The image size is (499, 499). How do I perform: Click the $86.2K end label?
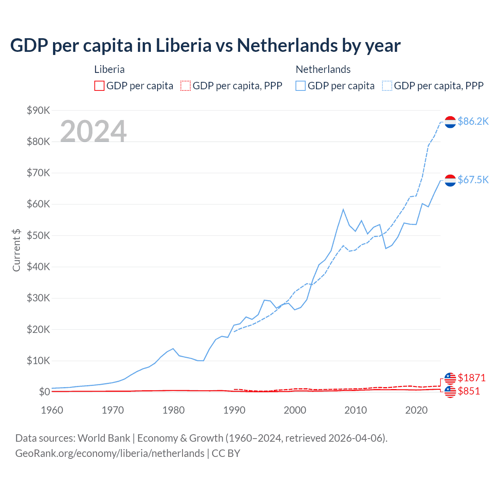(x=473, y=121)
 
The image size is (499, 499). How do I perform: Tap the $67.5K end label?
(x=473, y=180)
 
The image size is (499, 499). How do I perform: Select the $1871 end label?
(x=471, y=378)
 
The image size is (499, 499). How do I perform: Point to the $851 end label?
(x=469, y=391)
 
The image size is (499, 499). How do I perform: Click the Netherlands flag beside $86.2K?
(x=450, y=122)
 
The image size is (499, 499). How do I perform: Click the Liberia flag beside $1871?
(x=450, y=378)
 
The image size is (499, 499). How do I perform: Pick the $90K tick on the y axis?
(x=38, y=110)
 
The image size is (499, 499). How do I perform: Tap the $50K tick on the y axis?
(x=38, y=235)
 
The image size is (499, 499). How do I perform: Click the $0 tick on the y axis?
(x=44, y=392)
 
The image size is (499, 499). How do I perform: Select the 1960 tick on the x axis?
(x=52, y=410)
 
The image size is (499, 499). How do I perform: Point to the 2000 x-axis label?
(x=295, y=410)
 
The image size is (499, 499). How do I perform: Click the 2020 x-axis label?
(x=416, y=410)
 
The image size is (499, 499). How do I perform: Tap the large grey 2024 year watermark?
(x=93, y=131)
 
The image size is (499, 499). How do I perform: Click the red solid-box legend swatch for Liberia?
(x=99, y=86)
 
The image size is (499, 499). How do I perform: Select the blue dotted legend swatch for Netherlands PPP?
(x=387, y=86)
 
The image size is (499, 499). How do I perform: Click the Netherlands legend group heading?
(x=323, y=69)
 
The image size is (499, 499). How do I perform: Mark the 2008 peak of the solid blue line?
(x=343, y=209)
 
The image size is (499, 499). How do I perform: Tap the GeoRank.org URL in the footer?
(x=110, y=453)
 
